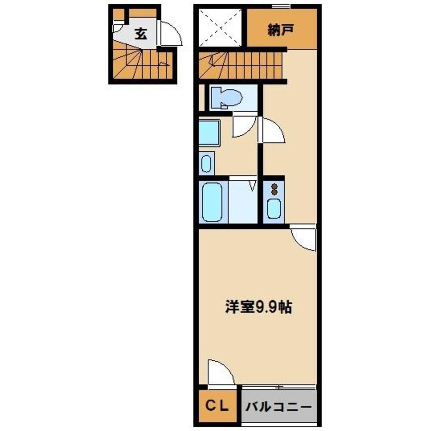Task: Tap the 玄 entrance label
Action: [141, 34]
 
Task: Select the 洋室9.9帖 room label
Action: [258, 307]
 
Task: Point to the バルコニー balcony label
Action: [278, 406]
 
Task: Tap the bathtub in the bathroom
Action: [212, 202]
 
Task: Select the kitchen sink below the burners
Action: [274, 209]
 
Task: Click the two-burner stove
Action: [274, 188]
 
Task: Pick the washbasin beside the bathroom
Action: [207, 164]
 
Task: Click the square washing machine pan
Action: [209, 134]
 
